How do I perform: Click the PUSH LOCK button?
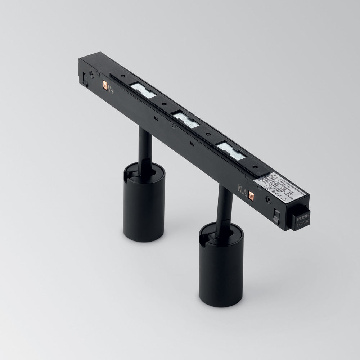[300, 220]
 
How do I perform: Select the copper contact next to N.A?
[251, 195]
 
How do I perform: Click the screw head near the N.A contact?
[268, 199]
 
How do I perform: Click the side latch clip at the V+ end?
[85, 79]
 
